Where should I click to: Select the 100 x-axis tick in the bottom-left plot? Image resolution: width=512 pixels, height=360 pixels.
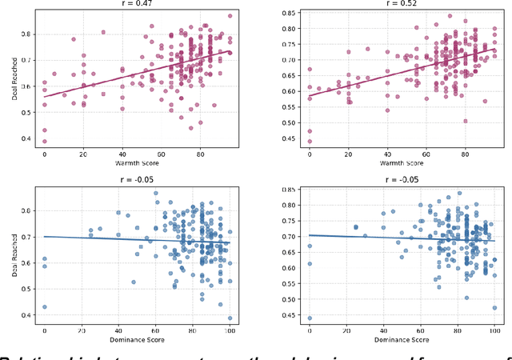coord(230,330)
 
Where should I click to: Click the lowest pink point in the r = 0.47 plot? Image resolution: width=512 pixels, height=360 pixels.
coord(45,140)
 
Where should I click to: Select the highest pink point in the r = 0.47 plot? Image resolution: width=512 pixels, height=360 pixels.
coord(230,16)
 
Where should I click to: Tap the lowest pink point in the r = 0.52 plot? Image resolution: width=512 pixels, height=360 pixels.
coord(310,141)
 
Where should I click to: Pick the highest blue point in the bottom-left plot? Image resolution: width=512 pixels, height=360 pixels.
coord(156,194)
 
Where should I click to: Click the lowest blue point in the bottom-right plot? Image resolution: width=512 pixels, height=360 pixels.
coord(310,318)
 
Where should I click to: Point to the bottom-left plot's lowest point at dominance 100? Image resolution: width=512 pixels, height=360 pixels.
coord(230,318)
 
